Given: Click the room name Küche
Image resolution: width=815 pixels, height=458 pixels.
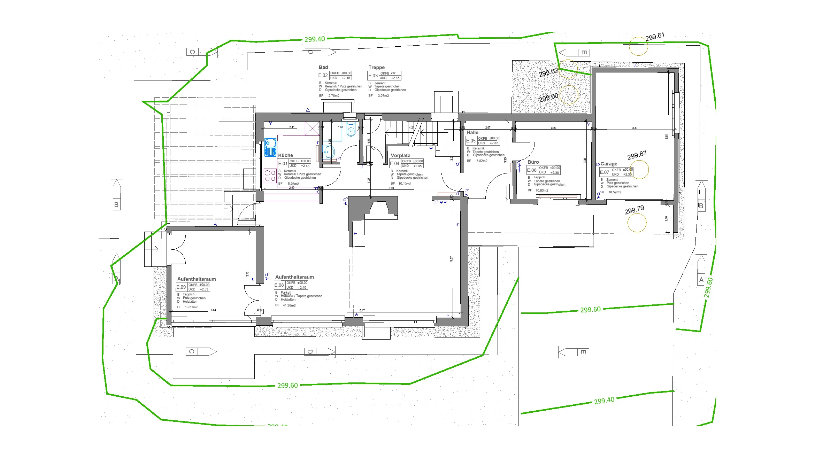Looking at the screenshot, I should point(285,155).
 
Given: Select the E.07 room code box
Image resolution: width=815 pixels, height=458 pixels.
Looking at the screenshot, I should point(605,172).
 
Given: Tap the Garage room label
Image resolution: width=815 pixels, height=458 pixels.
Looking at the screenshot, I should point(609,164).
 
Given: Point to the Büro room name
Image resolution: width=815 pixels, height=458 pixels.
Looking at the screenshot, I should point(533,162).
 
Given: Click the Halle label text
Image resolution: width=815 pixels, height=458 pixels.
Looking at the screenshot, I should point(472,132).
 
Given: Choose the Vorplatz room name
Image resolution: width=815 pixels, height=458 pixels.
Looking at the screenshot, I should point(400,155).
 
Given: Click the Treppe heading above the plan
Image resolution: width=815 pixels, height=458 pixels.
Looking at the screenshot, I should point(377,67).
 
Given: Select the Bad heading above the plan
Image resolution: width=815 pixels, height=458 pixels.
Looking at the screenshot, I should point(323,67).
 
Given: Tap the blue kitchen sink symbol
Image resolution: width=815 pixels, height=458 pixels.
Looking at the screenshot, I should point(270,147).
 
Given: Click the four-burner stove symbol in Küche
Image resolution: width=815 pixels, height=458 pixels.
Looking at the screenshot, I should point(270,176).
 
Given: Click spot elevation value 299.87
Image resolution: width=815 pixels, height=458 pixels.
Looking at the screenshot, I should point(637,155).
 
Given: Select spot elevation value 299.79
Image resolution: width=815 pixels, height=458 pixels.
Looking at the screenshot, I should point(634,210).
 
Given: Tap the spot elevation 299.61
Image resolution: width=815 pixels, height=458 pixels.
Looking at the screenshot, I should point(655,37).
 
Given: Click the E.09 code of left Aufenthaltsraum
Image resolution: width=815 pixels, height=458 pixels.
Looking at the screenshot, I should point(181,287).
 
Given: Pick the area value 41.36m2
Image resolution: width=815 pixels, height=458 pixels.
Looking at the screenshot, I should point(289,305).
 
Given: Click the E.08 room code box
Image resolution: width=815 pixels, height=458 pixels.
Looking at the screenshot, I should point(279,285).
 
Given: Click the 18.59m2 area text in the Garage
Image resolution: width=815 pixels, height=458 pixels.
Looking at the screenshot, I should point(615,192).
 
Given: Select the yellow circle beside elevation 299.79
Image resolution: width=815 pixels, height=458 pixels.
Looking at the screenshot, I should point(637,223).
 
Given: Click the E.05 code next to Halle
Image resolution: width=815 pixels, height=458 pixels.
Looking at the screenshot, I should point(471,141).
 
